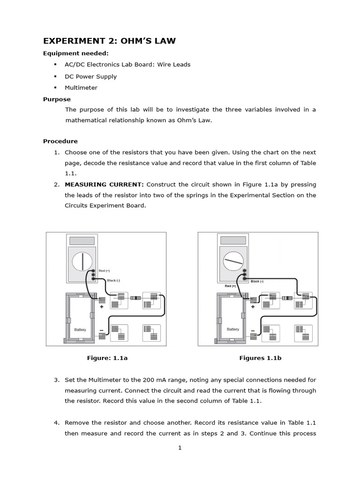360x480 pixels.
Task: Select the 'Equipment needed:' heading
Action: coord(76,53)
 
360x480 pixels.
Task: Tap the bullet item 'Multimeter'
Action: coord(81,88)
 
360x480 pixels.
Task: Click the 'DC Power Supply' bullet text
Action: coord(90,76)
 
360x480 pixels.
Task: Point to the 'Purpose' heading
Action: coord(57,99)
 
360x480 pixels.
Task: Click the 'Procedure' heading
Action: coord(60,141)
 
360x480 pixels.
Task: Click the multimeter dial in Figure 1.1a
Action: coord(82,261)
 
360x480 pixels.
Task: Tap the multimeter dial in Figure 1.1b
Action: coord(233,261)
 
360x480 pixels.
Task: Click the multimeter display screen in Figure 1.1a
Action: coord(82,240)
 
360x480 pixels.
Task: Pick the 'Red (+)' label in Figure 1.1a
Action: coord(104,271)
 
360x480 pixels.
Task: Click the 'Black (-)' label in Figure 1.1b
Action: coord(257,281)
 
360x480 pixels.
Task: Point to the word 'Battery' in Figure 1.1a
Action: coord(81,330)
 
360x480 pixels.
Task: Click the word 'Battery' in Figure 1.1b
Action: coord(232,330)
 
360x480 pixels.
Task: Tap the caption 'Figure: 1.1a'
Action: coord(107,358)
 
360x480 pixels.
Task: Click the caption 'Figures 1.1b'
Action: coord(260,358)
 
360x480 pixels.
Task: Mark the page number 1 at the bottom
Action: coord(180,448)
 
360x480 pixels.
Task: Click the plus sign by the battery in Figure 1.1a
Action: coord(101,307)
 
